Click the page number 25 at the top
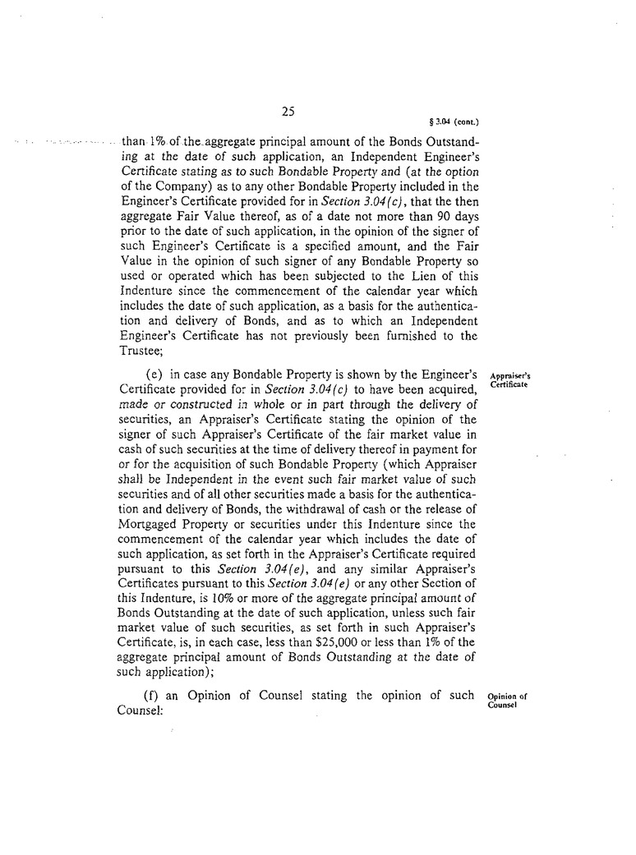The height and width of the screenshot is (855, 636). tap(288, 113)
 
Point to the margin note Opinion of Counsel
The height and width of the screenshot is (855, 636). tap(507, 701)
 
